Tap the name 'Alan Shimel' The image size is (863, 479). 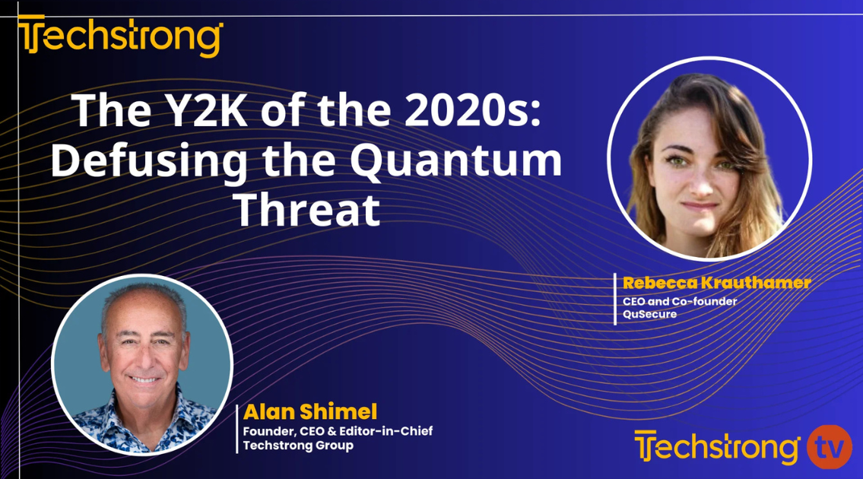(310, 413)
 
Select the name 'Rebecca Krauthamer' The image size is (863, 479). (716, 283)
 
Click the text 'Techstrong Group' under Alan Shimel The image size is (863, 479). (298, 446)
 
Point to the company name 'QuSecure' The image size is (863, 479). (649, 314)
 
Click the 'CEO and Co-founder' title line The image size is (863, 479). (680, 301)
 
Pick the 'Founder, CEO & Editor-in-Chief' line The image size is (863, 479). (338, 431)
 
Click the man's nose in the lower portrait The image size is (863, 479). (141, 357)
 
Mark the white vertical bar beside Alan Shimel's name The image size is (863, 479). (238, 428)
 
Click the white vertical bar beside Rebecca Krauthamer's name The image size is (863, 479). (615, 299)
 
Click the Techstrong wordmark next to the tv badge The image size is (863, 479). (717, 447)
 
